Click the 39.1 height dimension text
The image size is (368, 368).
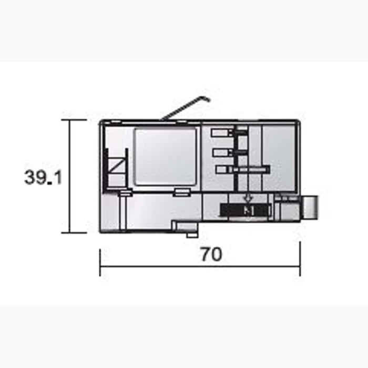click(x=43, y=177)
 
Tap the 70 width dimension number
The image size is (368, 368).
click(x=211, y=254)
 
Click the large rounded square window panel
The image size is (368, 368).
click(x=165, y=156)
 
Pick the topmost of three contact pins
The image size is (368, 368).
click(x=223, y=134)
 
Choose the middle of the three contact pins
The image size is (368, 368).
click(x=223, y=153)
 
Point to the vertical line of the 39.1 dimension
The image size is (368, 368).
click(x=70, y=176)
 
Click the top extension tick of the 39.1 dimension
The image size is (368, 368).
click(x=74, y=120)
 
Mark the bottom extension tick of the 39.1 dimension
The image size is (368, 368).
click(x=74, y=232)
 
